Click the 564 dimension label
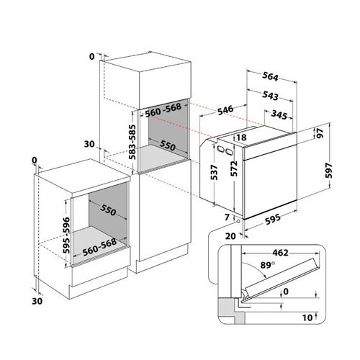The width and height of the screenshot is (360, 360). (270, 76)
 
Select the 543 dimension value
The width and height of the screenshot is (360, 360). (270, 96)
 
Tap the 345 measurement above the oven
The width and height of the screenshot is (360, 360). (279, 115)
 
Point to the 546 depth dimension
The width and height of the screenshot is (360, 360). (225, 110)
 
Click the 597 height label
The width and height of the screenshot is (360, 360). (329, 171)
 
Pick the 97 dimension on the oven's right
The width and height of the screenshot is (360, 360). (320, 133)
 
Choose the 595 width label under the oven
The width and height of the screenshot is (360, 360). (273, 219)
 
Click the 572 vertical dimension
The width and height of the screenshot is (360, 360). (234, 168)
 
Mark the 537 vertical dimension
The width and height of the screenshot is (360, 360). (214, 172)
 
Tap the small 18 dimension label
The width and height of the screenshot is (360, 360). (241, 138)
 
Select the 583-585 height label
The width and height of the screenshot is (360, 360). (132, 142)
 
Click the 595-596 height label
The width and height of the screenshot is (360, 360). (66, 235)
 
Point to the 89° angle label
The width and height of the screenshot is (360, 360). (268, 265)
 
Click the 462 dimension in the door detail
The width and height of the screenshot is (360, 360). (280, 253)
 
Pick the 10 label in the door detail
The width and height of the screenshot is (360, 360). (307, 318)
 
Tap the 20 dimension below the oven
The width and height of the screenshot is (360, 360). (230, 236)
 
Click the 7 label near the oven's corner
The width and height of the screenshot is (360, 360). (227, 217)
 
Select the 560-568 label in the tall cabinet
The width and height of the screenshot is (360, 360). (163, 110)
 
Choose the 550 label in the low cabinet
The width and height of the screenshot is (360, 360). (108, 210)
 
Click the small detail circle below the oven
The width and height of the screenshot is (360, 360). (238, 221)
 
